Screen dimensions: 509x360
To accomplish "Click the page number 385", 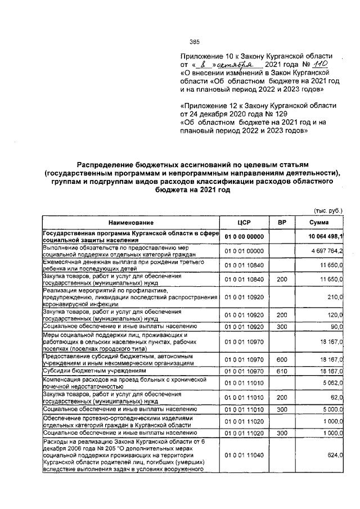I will pos(195,42).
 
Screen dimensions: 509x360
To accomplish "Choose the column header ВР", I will pos(282,223).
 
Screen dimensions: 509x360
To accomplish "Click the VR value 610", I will pos(282,371).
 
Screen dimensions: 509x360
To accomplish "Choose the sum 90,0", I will pos(337,326).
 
